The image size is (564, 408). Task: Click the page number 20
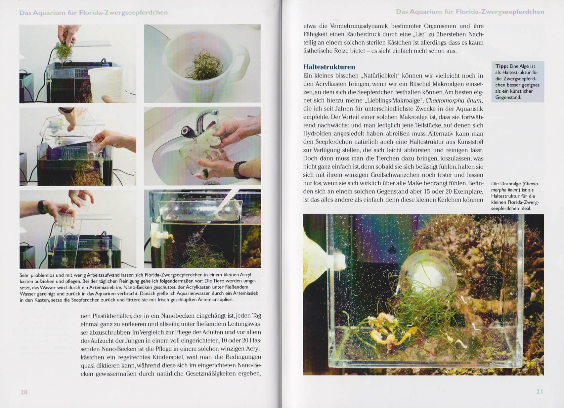pyautogui.click(x=24, y=392)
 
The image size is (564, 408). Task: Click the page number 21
pyautogui.click(x=540, y=392)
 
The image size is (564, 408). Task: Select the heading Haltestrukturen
pyautogui.click(x=329, y=67)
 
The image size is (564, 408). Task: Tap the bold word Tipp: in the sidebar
pyautogui.click(x=501, y=66)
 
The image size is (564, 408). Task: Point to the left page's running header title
pyautogui.click(x=94, y=13)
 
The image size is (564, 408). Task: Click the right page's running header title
pyautogui.click(x=470, y=12)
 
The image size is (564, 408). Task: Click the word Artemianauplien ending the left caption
pyautogui.click(x=216, y=300)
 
